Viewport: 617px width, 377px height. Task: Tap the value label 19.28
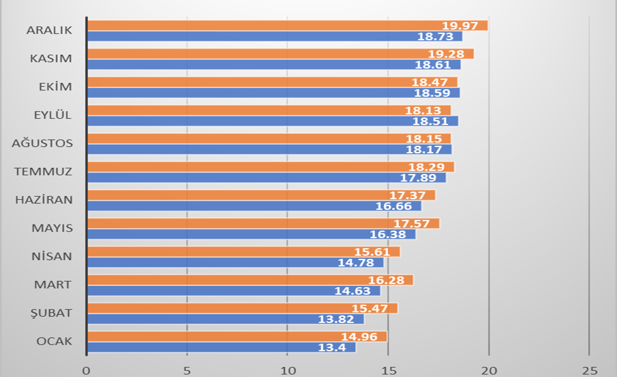pyautogui.click(x=446, y=54)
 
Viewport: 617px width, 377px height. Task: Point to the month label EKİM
pyautogui.click(x=55, y=87)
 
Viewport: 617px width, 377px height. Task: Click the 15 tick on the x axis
pyautogui.click(x=388, y=369)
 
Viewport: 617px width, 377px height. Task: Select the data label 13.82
pyautogui.click(x=336, y=319)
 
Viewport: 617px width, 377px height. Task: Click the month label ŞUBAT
pyautogui.click(x=52, y=313)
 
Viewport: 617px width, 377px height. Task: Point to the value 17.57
pyautogui.click(x=412, y=224)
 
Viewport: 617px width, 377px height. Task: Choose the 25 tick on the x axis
pyautogui.click(x=589, y=369)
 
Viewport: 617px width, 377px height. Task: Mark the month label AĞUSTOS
pyautogui.click(x=43, y=143)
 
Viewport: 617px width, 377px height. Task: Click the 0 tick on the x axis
pyautogui.click(x=87, y=369)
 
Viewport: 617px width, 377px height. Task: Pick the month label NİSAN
pyautogui.click(x=52, y=256)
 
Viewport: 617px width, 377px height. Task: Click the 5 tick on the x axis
pyautogui.click(x=187, y=369)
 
